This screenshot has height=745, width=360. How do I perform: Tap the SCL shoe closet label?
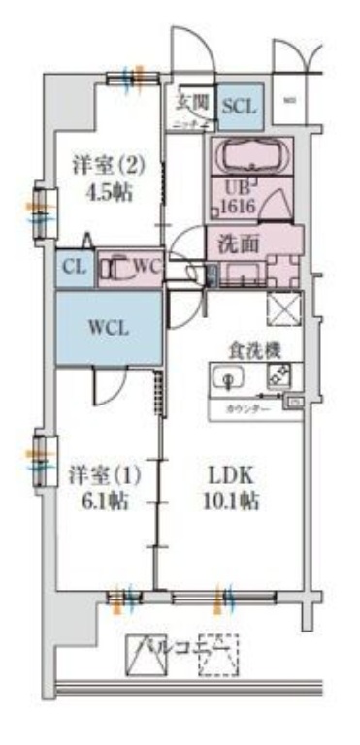238,106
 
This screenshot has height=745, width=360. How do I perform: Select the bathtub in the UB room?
246,156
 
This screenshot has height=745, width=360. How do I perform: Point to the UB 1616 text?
233,198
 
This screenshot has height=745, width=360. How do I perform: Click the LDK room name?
231,476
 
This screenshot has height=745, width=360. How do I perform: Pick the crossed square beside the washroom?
285,313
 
